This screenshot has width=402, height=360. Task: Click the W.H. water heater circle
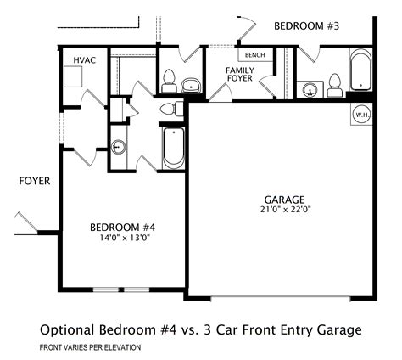[362, 115]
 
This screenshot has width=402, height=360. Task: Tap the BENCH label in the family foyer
[255, 55]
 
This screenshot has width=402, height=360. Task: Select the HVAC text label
[85, 60]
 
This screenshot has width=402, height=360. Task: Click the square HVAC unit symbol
[73, 76]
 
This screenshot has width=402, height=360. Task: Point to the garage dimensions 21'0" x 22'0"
[286, 210]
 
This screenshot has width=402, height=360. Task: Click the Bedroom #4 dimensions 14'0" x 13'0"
[125, 238]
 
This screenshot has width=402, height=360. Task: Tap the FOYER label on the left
[35, 181]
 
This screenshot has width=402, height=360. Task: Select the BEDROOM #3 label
[306, 26]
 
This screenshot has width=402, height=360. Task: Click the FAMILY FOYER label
[240, 74]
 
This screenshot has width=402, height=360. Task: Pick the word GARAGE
[284, 200]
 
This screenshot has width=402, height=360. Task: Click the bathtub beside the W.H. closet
[360, 70]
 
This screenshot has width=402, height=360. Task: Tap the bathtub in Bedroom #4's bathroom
[174, 148]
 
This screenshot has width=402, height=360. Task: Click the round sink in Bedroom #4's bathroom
[118, 147]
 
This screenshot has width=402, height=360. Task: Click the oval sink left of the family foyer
[191, 85]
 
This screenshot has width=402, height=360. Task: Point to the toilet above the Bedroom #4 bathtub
[171, 109]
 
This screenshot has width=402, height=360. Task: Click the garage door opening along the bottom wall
[281, 299]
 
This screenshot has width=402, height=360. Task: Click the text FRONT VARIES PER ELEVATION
[90, 347]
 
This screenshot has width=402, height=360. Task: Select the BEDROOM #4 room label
[123, 228]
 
